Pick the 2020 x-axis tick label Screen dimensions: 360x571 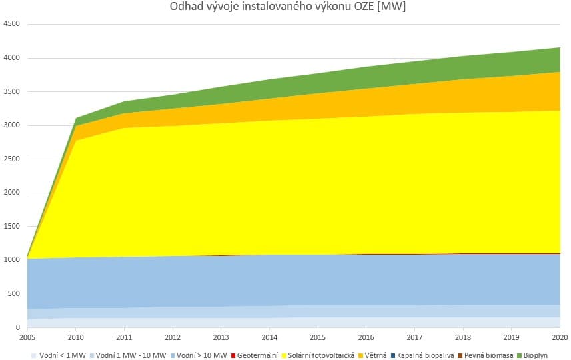coord(560,337)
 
